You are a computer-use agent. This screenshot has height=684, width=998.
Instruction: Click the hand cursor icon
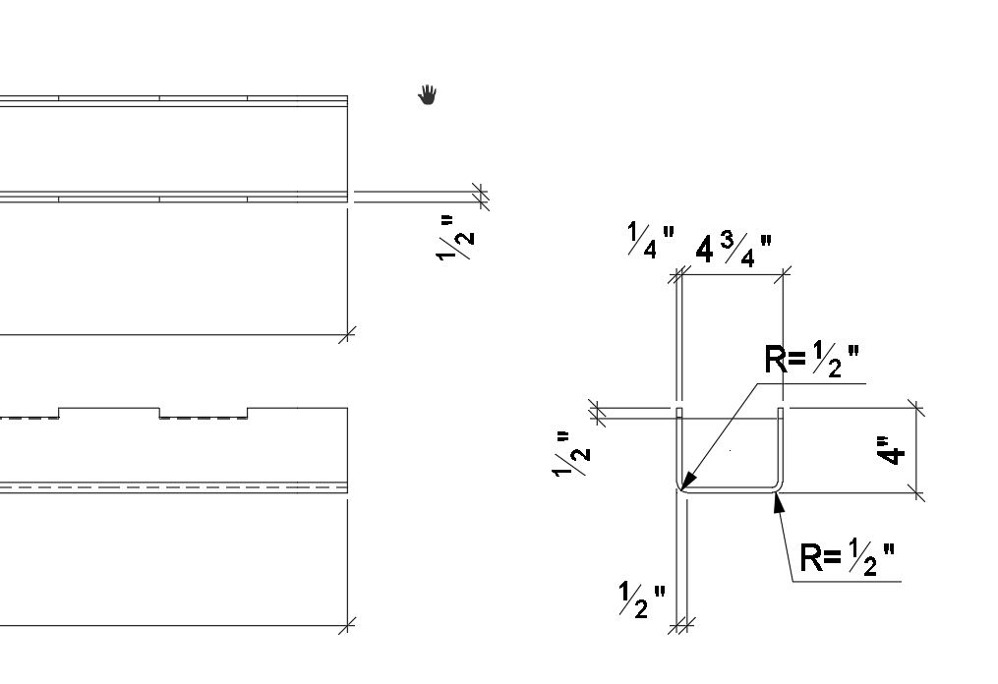tap(428, 94)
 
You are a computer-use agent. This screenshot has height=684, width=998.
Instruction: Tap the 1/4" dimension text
tap(650, 240)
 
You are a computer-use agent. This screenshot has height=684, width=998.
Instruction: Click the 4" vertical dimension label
tap(892, 450)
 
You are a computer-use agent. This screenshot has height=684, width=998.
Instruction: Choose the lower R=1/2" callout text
tap(847, 559)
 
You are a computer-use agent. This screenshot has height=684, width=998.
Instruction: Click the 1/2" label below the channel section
tap(641, 599)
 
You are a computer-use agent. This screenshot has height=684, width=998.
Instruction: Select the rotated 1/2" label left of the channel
tap(573, 453)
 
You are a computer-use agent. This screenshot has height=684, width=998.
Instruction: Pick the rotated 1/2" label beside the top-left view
tap(457, 238)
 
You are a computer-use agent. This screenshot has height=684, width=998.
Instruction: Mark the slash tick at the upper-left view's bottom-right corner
tap(347, 335)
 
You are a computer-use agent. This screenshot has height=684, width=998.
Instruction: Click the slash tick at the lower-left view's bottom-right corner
tap(347, 625)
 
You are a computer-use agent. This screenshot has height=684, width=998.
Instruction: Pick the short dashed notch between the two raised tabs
tap(203, 418)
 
